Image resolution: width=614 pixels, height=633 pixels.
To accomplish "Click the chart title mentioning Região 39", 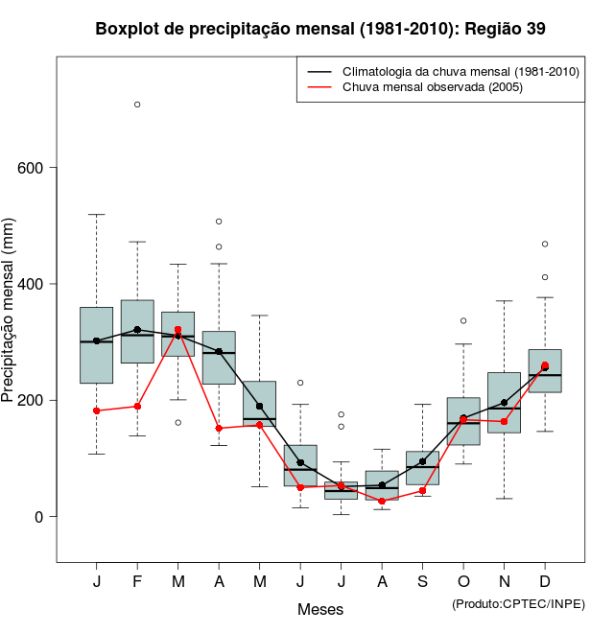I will tap(320, 29).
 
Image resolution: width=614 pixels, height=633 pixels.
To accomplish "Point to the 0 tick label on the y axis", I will tap(38, 516).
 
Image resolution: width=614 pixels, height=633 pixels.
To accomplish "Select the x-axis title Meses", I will tap(320, 609).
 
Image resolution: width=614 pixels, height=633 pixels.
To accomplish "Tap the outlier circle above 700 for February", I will tap(137, 105).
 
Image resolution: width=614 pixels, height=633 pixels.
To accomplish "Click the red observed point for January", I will tap(97, 410).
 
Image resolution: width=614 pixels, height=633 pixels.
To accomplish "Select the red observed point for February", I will tap(137, 407).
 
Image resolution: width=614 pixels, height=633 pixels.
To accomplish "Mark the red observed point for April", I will tap(219, 429).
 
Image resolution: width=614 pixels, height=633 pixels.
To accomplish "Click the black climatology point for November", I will tap(504, 403).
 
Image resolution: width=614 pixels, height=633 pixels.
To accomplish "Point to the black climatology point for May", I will tap(259, 406).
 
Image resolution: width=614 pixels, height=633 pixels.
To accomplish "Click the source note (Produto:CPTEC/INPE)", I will tap(518, 603).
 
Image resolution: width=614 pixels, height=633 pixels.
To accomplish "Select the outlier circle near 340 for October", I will tap(463, 320).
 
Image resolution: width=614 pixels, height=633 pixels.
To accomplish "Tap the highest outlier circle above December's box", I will tap(545, 244).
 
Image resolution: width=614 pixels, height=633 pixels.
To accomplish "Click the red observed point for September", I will tap(422, 491).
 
